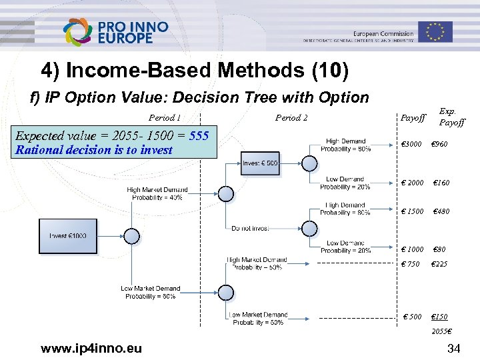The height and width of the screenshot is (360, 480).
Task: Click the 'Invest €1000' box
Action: click(67, 236)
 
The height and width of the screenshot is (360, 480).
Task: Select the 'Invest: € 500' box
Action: click(261, 163)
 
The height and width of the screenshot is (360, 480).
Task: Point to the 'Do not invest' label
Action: click(251, 228)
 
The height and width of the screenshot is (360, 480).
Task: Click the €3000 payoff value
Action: click(411, 145)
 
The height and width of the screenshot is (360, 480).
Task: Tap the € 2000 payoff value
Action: click(412, 183)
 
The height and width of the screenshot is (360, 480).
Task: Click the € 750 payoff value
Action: click(410, 264)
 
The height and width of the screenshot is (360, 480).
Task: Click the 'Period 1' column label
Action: click(165, 118)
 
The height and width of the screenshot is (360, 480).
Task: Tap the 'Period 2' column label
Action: click(291, 118)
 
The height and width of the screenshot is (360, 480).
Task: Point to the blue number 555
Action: click(199, 136)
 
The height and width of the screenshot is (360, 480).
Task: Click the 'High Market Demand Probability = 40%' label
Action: click(157, 194)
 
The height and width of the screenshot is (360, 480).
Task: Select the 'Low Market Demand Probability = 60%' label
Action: click(150, 293)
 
